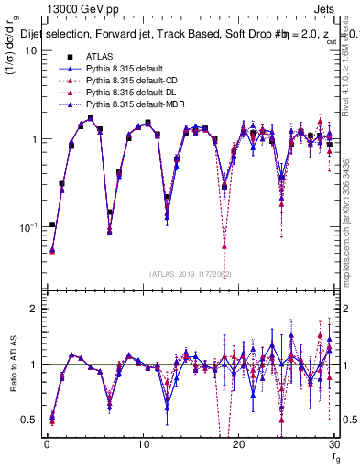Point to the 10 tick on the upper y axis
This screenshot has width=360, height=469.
(x=30, y=50)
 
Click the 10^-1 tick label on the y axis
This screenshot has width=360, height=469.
(x=27, y=226)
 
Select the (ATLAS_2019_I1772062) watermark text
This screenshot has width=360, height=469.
(x=191, y=272)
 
